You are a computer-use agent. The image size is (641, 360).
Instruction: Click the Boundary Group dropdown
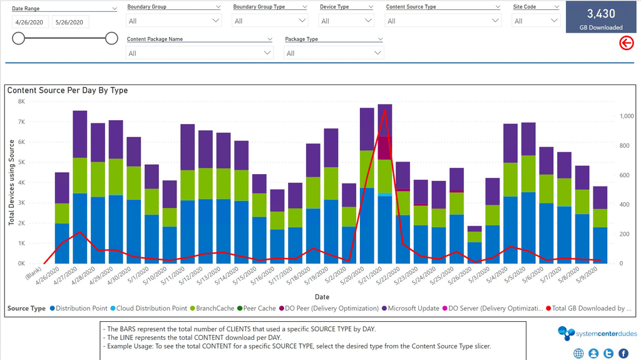tap(174, 21)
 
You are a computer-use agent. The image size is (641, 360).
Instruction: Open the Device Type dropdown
tap(346, 21)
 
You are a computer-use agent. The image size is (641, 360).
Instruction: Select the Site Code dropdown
tap(536, 21)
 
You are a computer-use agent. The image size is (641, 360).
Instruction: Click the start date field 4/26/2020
tap(30, 22)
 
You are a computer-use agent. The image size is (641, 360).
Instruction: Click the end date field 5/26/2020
tap(70, 22)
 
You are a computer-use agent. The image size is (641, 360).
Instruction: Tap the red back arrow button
tap(626, 43)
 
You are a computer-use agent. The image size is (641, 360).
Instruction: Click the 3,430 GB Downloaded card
tap(600, 18)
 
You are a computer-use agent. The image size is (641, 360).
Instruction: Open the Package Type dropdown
tap(334, 53)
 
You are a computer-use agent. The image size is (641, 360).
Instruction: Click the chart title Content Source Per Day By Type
tap(68, 90)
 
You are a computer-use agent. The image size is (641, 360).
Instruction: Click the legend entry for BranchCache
tap(214, 308)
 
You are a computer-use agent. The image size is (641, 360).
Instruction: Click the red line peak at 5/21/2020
tap(385, 111)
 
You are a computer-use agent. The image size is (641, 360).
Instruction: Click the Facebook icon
tap(623, 353)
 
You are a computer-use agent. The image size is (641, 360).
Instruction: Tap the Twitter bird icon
tap(608, 353)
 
